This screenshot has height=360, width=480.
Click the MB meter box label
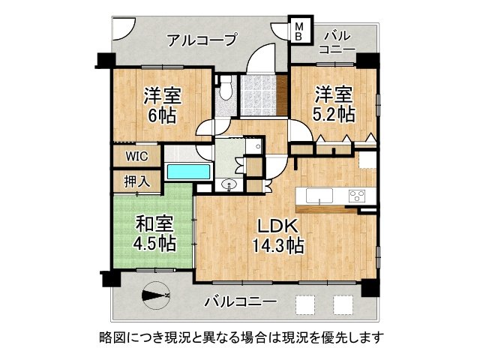[x=298, y=31]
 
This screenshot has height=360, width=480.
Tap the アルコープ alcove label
[x=202, y=39]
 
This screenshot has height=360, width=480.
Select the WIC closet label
[x=136, y=157]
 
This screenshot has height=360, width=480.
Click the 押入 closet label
[x=136, y=181]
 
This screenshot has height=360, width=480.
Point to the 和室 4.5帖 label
[x=155, y=232]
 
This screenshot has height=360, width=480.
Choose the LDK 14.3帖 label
[x=277, y=235]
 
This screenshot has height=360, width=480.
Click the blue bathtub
[x=188, y=172]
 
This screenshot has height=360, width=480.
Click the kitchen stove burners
[x=355, y=196]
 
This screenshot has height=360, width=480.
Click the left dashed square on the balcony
[x=305, y=304]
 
